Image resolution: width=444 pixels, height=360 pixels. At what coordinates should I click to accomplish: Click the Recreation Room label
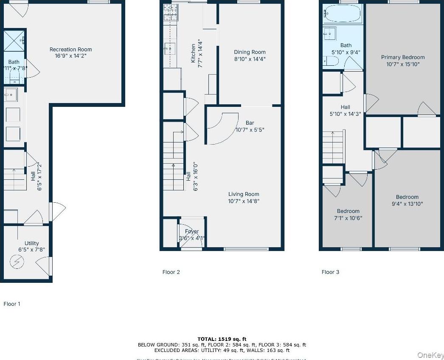tap(70, 50)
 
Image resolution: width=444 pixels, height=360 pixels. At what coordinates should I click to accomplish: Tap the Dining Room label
tap(250, 53)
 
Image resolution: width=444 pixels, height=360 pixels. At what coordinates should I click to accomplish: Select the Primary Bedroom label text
tap(402, 57)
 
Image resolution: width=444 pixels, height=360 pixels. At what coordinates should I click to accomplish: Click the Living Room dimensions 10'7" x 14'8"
tap(244, 201)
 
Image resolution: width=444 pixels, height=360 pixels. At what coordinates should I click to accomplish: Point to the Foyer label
tap(192, 232)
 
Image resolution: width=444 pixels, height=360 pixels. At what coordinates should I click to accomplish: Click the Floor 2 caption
tap(171, 272)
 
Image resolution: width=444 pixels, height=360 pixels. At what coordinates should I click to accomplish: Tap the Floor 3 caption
tap(330, 272)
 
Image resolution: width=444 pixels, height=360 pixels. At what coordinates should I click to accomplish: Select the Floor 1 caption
tap(12, 304)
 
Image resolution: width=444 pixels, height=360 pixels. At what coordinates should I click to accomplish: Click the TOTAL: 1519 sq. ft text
tap(222, 339)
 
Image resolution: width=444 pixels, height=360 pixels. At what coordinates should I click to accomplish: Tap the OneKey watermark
tap(430, 354)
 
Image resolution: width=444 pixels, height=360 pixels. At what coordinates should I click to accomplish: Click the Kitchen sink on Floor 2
tap(170, 49)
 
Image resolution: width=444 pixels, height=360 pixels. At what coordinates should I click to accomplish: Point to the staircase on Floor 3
tap(333, 147)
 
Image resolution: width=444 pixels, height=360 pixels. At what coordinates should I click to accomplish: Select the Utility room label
tap(31, 243)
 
